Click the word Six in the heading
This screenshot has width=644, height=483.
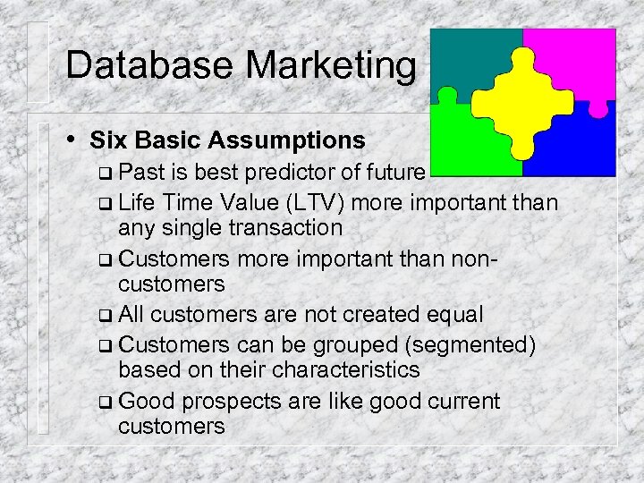click(108, 140)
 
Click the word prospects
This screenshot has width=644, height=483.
click(229, 401)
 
